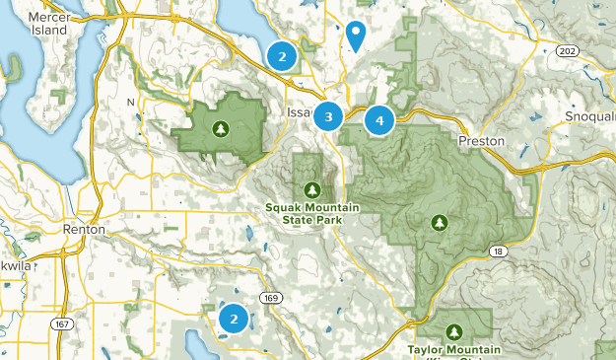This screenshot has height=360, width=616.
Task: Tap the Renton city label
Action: coord(83,229)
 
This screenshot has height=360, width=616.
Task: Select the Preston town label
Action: coord(482,141)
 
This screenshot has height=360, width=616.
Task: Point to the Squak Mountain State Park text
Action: coord(311,213)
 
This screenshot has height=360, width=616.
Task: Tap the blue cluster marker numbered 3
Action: coord(328,117)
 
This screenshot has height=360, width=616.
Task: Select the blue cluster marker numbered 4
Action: coord(378,120)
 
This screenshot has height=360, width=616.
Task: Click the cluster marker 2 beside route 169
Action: coord(234,319)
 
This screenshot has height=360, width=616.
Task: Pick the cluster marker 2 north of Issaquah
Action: coord(282,56)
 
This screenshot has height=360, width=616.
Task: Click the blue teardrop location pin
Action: coord(356,34)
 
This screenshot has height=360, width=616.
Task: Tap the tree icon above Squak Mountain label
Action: coord(311,189)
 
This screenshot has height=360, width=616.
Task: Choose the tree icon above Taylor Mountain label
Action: coord(453,330)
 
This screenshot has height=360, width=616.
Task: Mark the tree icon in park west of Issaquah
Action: coord(220,127)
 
